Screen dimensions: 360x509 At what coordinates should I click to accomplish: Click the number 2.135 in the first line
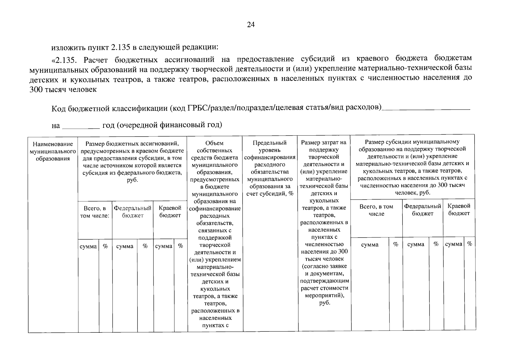tap(122, 47)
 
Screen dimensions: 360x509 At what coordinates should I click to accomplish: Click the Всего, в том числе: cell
tap(95, 212)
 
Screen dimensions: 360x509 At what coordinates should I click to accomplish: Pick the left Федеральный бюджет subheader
tap(132, 212)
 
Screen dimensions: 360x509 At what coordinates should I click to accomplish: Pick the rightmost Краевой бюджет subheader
tap(459, 210)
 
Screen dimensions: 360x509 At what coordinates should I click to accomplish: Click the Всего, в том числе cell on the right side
tap(376, 210)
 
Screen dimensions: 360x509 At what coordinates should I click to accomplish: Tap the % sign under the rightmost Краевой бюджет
tap(470, 244)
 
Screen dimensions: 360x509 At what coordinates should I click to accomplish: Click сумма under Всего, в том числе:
tap(88, 246)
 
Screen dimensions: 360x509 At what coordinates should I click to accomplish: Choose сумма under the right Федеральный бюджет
tap(416, 244)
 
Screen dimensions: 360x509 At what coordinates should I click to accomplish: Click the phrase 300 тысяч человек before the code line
tap(63, 89)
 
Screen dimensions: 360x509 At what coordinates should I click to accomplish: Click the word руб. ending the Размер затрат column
tap(324, 303)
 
